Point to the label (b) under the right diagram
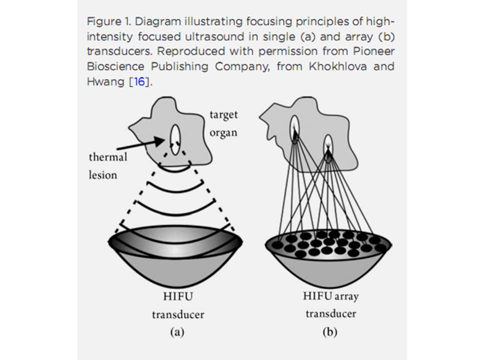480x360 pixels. [330, 331]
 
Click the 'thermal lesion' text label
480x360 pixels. [108, 165]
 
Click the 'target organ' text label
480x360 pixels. [223, 124]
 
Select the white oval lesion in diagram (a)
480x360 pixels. [175, 139]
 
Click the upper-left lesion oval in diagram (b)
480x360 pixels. [294, 128]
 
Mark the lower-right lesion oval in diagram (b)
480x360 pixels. [328, 148]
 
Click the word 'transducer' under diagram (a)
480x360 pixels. [177, 315]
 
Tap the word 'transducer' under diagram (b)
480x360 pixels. [330, 314]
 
